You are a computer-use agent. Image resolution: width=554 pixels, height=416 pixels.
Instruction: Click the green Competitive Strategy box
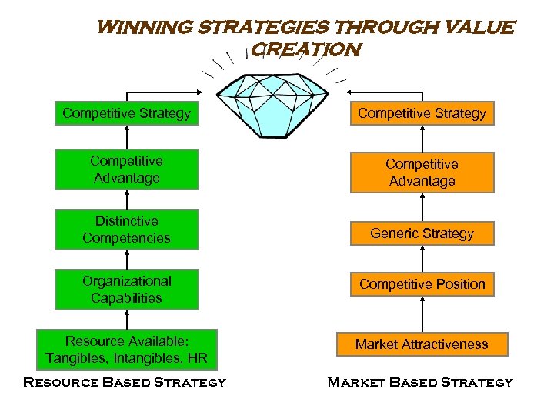[x=127, y=114]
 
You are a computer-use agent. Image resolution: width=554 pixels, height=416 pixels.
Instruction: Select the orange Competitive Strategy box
[x=422, y=114]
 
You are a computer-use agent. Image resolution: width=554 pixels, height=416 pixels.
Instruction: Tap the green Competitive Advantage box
[x=127, y=169]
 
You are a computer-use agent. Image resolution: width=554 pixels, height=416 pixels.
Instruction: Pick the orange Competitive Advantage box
[x=422, y=173]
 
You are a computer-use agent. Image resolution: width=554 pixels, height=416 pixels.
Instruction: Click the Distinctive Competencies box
[x=127, y=230]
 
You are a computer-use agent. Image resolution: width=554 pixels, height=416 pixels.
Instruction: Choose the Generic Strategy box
[x=422, y=233]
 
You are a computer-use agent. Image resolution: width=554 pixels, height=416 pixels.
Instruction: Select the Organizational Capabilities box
[x=127, y=290]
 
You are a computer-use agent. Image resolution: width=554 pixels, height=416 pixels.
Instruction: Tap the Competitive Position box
[x=422, y=284]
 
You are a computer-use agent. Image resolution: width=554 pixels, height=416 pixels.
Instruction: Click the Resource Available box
[x=127, y=349]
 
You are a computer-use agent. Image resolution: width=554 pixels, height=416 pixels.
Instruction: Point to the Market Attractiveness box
[x=422, y=344]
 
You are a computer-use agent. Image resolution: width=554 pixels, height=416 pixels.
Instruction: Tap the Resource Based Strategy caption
[x=125, y=382]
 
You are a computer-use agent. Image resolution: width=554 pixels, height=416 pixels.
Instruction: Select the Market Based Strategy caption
[x=420, y=382]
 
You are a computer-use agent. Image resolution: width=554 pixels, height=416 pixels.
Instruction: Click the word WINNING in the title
[x=146, y=29]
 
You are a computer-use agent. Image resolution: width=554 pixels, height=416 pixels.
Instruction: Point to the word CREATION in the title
[x=306, y=50]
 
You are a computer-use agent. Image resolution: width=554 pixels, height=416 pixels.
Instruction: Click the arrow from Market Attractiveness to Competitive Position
[x=422, y=314]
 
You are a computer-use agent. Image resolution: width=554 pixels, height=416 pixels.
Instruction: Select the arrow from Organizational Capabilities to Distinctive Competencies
[x=127, y=260]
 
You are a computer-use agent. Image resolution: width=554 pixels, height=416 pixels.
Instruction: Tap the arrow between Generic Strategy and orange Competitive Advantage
[x=422, y=206]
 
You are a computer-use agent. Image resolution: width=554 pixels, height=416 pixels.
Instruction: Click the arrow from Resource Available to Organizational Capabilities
[x=127, y=320]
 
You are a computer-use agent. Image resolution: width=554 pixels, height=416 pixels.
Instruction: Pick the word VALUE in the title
[x=479, y=29]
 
